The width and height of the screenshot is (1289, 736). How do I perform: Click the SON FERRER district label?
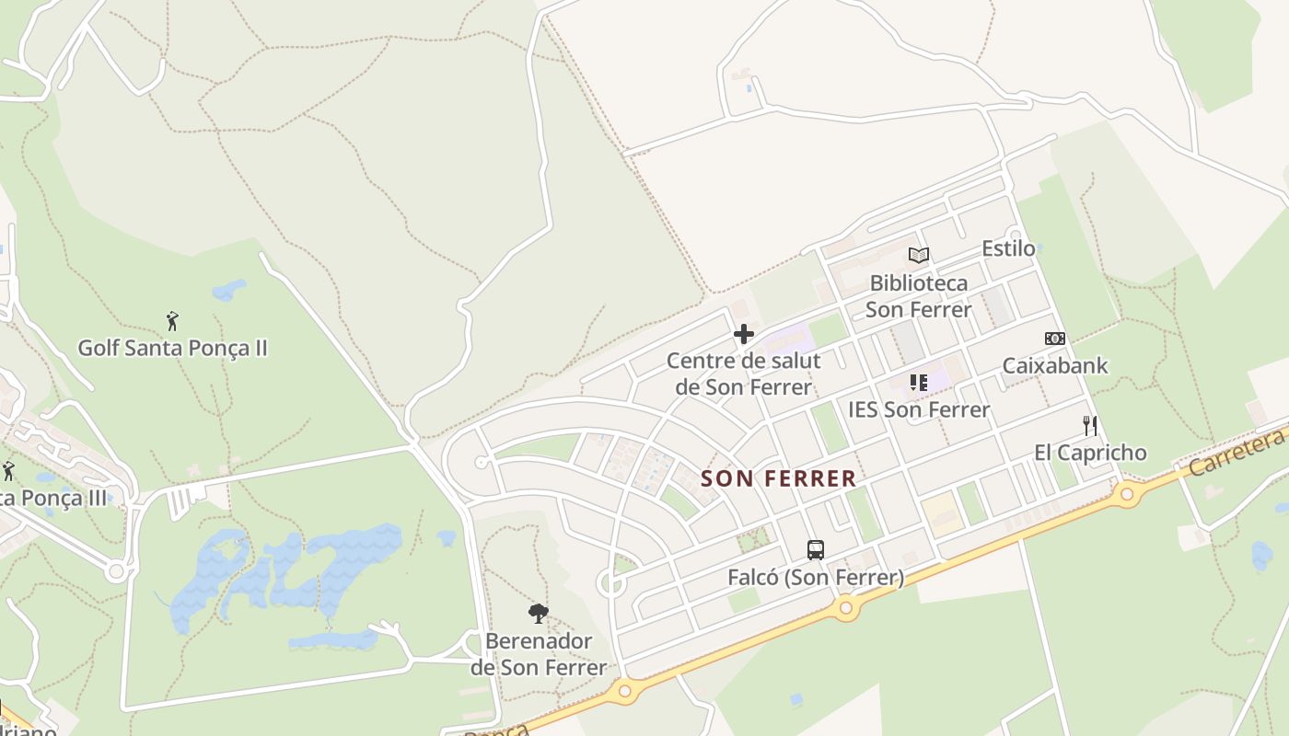pos(778,478)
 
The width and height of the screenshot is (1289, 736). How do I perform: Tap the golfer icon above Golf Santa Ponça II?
pos(172,321)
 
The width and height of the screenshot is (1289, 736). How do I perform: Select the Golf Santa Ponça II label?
pos(172,348)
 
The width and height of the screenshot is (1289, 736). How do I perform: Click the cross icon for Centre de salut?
pos(744,334)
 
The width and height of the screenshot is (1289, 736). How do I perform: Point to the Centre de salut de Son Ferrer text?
pos(744,374)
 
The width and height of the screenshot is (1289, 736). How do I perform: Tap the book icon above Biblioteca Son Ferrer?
pos(919,255)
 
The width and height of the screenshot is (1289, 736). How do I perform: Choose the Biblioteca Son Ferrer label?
pos(919,295)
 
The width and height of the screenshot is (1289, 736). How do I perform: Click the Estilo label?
pos(1008,248)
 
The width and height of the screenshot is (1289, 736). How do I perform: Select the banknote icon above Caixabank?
pos(1055,339)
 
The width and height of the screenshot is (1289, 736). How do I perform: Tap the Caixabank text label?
pos(1055,365)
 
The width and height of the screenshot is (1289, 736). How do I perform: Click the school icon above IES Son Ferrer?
pos(919,383)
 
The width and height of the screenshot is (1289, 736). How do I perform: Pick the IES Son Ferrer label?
pos(919,409)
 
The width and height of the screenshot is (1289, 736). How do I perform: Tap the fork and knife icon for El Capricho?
pos(1090,425)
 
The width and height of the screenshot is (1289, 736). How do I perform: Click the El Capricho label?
pos(1090,452)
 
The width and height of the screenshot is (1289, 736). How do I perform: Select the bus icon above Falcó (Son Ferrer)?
pos(816,550)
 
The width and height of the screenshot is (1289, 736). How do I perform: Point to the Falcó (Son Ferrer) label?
pos(816,578)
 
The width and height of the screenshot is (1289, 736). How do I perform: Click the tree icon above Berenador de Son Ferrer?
pos(539,613)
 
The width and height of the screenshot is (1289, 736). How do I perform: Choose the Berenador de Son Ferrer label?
pos(539,653)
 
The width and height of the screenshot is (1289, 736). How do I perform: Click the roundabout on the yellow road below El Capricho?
pos(1126,494)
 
